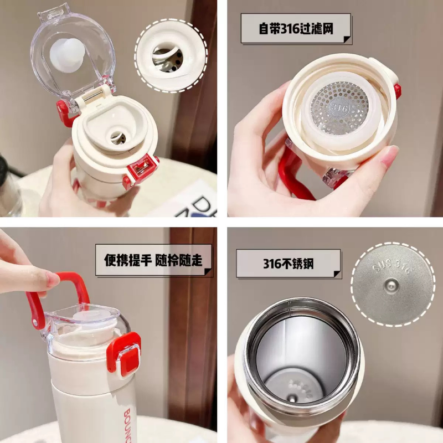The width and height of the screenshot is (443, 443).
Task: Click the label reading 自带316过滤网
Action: (x=296, y=28)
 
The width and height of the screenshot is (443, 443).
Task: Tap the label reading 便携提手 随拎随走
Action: (x=153, y=260)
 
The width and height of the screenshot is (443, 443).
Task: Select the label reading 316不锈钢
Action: (x=288, y=263)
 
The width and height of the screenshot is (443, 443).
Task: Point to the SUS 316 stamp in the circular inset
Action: (x=392, y=269)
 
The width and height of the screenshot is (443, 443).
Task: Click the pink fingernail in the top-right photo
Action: (x=389, y=156)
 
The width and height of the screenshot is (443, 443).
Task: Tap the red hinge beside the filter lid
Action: (x=397, y=90)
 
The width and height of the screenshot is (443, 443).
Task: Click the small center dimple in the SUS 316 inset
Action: (x=390, y=285)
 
